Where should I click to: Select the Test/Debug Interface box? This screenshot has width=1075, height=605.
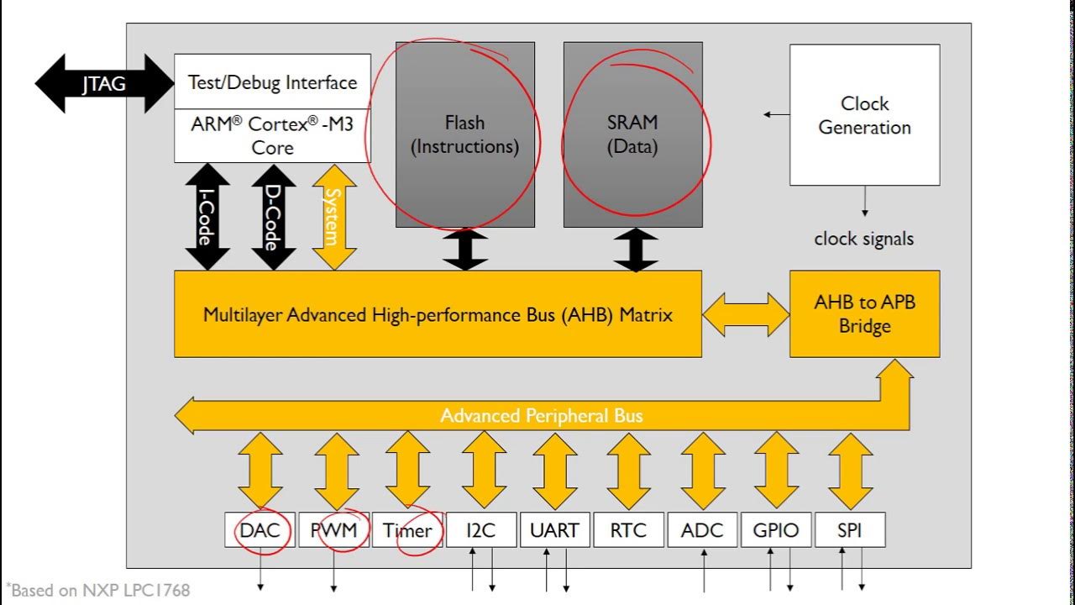(272, 82)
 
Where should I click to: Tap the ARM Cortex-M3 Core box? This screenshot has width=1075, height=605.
(272, 135)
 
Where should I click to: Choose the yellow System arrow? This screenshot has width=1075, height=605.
(334, 217)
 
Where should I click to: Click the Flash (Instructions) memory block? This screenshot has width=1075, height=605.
(464, 134)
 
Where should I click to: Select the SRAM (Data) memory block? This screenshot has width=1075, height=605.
(632, 134)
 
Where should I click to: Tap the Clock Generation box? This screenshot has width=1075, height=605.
(864, 115)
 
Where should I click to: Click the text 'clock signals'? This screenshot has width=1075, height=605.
(863, 239)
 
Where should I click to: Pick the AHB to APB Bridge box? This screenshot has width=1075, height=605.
(864, 313)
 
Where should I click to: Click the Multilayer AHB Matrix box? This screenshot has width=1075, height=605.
(438, 314)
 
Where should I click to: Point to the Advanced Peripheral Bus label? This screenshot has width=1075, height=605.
(542, 416)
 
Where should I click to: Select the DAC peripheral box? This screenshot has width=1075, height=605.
(260, 530)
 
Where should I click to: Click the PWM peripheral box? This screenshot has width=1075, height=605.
(333, 530)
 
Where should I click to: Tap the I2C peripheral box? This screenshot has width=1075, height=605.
(481, 530)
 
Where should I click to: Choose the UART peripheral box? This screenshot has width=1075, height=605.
(555, 530)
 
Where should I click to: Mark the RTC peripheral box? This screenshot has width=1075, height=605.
(628, 530)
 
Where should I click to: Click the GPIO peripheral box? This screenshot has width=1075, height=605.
(775, 530)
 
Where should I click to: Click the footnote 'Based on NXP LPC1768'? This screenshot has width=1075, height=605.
(99, 590)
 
